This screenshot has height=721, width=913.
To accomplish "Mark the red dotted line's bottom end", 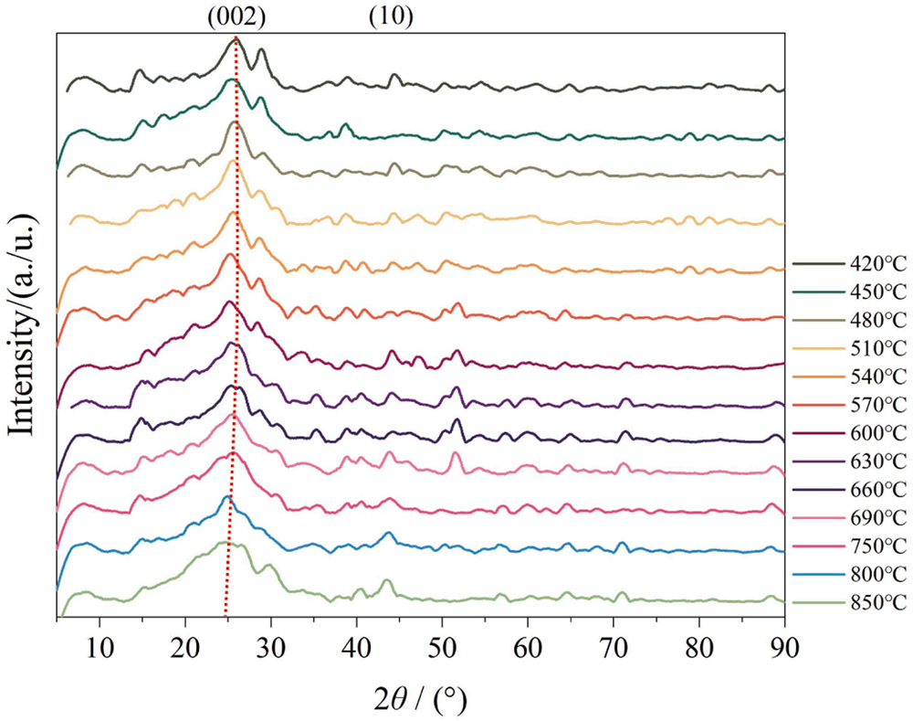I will click(x=225, y=619).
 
